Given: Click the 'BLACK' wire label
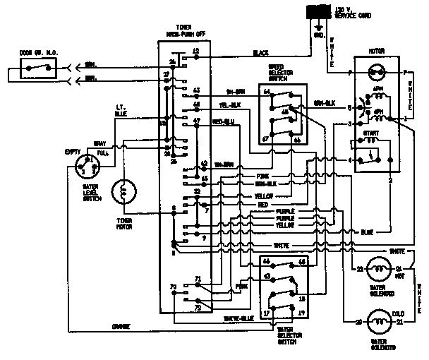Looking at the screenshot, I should [262, 53].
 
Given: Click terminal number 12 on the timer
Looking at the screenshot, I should [195, 52].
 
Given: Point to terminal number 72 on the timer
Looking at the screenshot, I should [197, 308].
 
